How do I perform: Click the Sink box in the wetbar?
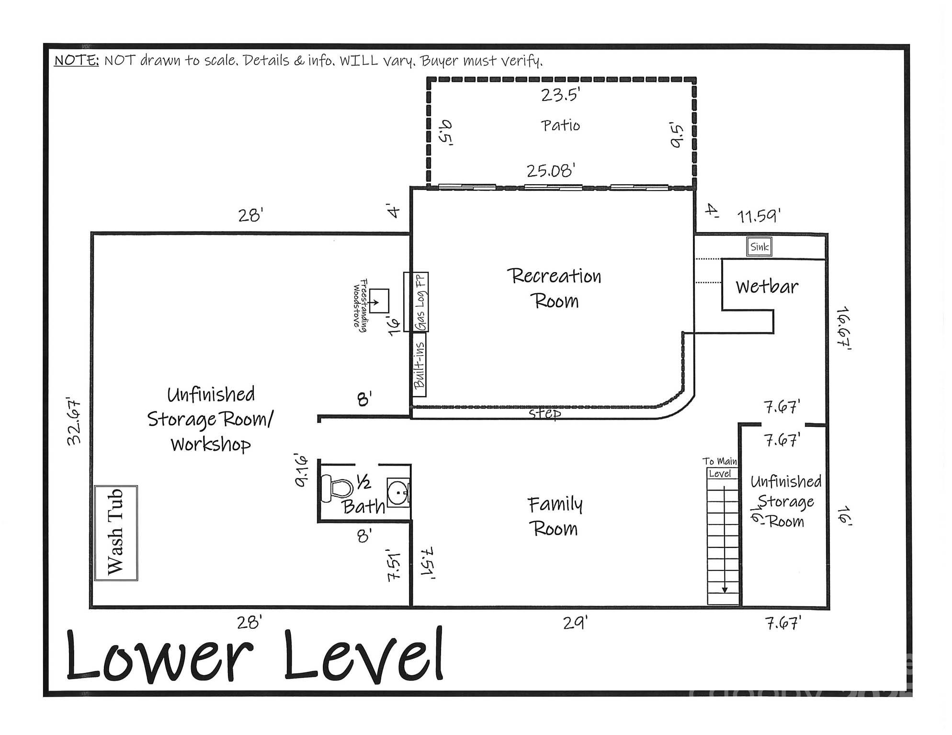(759, 247)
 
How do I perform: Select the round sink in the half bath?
(397, 491)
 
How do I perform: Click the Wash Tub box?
(116, 533)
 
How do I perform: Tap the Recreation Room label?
(554, 289)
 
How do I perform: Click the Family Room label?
(555, 517)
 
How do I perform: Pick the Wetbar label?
(767, 287)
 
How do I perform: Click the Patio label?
(560, 126)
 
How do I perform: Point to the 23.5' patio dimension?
(560, 95)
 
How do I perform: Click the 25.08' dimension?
(551, 171)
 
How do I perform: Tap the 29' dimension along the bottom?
(575, 623)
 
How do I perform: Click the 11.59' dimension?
(759, 216)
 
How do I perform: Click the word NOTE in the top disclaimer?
(76, 61)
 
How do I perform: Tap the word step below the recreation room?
(544, 413)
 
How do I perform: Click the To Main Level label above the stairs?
(720, 468)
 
